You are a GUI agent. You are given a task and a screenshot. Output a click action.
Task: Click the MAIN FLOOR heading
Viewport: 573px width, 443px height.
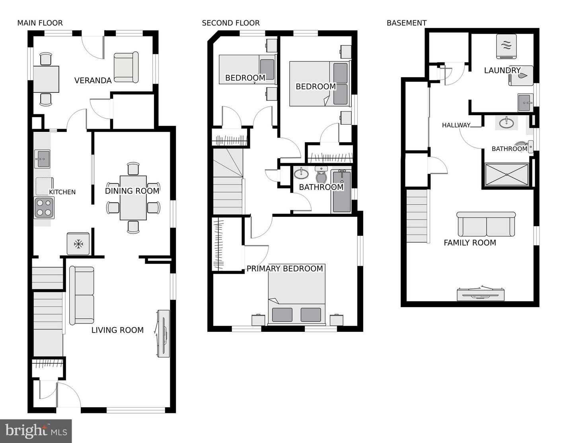pos(40,23)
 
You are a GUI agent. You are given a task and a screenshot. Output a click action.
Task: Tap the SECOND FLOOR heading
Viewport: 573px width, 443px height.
pos(230,23)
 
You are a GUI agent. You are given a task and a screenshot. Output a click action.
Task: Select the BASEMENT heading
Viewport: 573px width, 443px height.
pos(406,23)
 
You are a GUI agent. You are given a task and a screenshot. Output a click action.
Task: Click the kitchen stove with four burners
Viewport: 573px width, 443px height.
pos(44,208)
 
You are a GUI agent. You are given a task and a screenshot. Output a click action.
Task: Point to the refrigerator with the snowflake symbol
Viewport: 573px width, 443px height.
pos(78,243)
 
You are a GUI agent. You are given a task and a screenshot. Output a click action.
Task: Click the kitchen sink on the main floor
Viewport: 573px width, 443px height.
pos(42,159)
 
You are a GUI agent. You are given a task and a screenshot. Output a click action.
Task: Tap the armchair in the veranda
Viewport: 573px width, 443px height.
pos(126,67)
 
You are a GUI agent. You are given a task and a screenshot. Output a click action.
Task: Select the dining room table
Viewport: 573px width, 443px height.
pos(133,198)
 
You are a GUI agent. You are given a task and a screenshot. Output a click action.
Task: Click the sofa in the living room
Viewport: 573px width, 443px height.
pos(82,295)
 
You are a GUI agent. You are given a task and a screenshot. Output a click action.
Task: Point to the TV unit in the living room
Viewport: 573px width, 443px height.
pos(163,333)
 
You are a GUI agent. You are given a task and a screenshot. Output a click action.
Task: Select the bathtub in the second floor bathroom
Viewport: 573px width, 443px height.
pos(341,191)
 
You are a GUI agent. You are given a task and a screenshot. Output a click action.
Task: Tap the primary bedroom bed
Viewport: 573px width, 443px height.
pos(296,294)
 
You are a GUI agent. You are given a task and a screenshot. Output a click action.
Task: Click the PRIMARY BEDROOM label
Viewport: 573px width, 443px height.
pos(285,269)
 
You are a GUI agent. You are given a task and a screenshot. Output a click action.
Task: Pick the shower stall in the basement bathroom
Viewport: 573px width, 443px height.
pos(507,174)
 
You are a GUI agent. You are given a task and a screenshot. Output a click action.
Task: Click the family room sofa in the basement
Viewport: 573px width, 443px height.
pos(486,224)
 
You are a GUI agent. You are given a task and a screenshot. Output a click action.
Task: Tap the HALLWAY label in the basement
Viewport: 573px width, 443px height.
pos(456,125)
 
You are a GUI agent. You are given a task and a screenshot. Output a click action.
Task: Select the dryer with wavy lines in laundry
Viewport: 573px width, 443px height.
pos(507,45)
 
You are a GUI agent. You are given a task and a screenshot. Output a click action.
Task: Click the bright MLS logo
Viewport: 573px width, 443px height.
pos(36,431)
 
